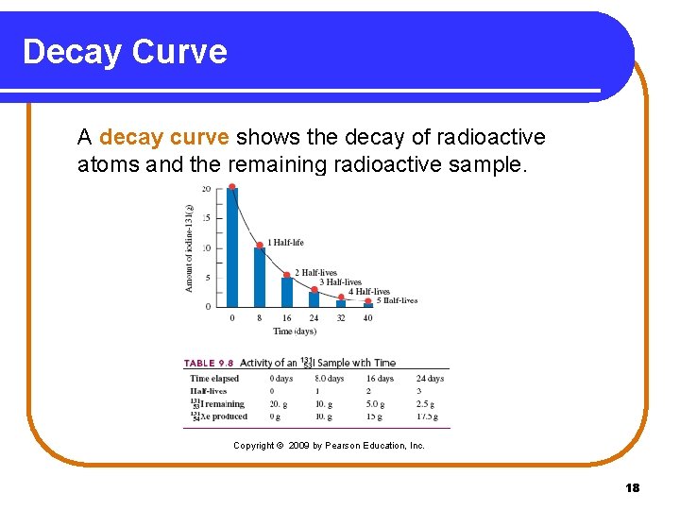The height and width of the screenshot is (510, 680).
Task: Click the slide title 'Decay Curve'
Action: pyautogui.click(x=125, y=51)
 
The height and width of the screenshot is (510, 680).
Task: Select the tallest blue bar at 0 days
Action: pyautogui.click(x=232, y=247)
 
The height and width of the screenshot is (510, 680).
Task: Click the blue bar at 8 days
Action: pyautogui.click(x=260, y=277)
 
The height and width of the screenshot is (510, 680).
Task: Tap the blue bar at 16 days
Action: pyautogui.click(x=287, y=292)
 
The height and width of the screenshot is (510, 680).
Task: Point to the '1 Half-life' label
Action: pyautogui.click(x=285, y=243)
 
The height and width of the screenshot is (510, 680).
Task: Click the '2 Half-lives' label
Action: pyautogui.click(x=315, y=273)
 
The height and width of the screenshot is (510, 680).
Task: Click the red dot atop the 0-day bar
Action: pyautogui.click(x=232, y=187)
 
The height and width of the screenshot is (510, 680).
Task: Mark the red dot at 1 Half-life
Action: pyautogui.click(x=260, y=246)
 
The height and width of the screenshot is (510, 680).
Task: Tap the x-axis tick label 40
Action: pyautogui.click(x=367, y=318)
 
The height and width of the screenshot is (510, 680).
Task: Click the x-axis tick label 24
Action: pyautogui.click(x=314, y=318)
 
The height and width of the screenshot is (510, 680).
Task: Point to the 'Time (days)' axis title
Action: pyautogui.click(x=294, y=331)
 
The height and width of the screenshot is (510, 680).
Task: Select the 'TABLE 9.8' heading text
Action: pyautogui.click(x=209, y=363)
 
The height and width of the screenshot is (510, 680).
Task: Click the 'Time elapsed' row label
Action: pyautogui.click(x=214, y=379)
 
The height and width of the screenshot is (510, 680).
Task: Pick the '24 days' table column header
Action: pyautogui.click(x=430, y=379)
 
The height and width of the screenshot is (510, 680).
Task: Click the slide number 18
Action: pyautogui.click(x=632, y=487)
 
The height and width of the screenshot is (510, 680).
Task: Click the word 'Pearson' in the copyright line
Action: pyautogui.click(x=345, y=445)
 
